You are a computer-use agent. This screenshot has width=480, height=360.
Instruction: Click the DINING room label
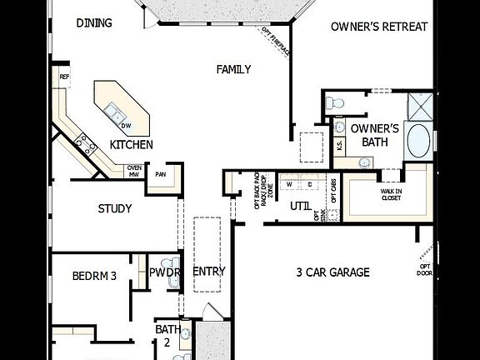94,22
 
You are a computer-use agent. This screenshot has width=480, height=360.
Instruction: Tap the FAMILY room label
233,70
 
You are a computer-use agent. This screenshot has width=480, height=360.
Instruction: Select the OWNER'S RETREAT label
379,27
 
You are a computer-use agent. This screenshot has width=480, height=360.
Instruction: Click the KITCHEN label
132,144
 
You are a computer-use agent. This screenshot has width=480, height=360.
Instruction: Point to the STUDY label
115,208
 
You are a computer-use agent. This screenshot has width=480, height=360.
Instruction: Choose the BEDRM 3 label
93,274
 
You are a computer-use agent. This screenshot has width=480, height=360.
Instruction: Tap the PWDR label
165,272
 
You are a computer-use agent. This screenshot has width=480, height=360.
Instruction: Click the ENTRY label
209,272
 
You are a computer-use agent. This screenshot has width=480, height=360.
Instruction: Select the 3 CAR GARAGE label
332,272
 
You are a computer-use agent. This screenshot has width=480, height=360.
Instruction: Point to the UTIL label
300,205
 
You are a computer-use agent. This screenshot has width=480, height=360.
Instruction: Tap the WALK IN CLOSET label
392,194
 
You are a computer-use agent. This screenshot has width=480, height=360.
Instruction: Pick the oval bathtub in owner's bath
420,141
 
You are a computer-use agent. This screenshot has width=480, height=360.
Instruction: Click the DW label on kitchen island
127,126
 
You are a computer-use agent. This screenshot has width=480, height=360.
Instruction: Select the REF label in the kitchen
63,77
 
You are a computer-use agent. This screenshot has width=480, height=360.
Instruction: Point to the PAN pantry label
160,174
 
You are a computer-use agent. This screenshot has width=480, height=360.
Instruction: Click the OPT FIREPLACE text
277,42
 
